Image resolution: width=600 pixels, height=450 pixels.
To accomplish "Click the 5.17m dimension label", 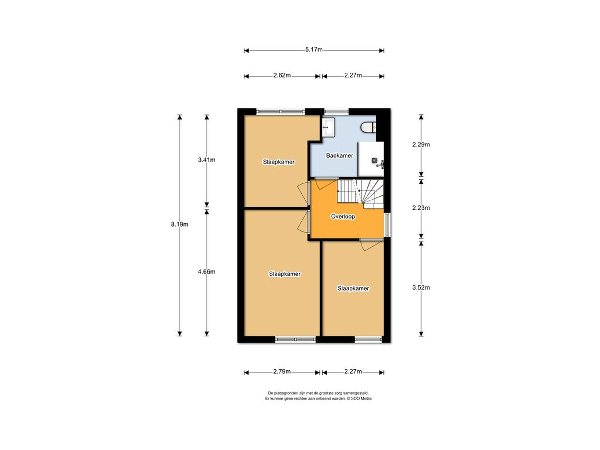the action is [314, 50].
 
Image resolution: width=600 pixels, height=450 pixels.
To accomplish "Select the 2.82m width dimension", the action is [282, 75].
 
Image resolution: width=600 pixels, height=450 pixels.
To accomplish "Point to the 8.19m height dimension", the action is [180, 225].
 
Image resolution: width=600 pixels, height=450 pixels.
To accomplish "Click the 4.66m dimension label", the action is [207, 272].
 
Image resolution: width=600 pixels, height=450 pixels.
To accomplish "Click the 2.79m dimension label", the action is [282, 372].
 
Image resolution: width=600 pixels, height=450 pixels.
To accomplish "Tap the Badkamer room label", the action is [340, 156].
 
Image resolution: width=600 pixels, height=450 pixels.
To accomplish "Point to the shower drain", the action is [375, 161].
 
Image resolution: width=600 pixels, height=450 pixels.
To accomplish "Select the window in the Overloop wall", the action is [388, 225].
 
